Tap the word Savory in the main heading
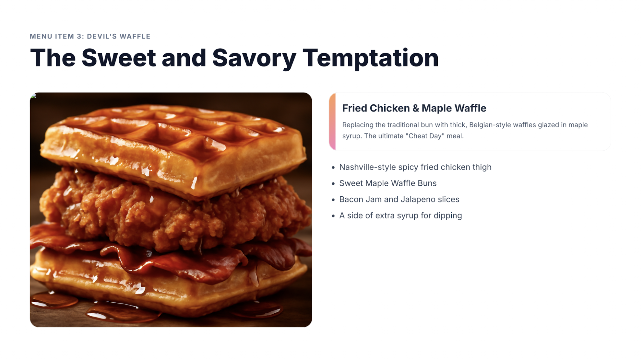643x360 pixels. click(254, 58)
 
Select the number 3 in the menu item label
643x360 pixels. click(79, 36)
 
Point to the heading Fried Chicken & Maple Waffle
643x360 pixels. click(414, 108)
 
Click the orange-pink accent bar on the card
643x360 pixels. click(332, 122)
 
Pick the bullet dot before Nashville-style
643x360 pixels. click(333, 168)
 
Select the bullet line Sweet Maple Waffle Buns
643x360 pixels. click(388, 183)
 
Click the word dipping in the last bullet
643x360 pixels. click(448, 216)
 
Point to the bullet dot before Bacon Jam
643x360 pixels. click(333, 200)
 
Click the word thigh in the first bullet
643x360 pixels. click(482, 167)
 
